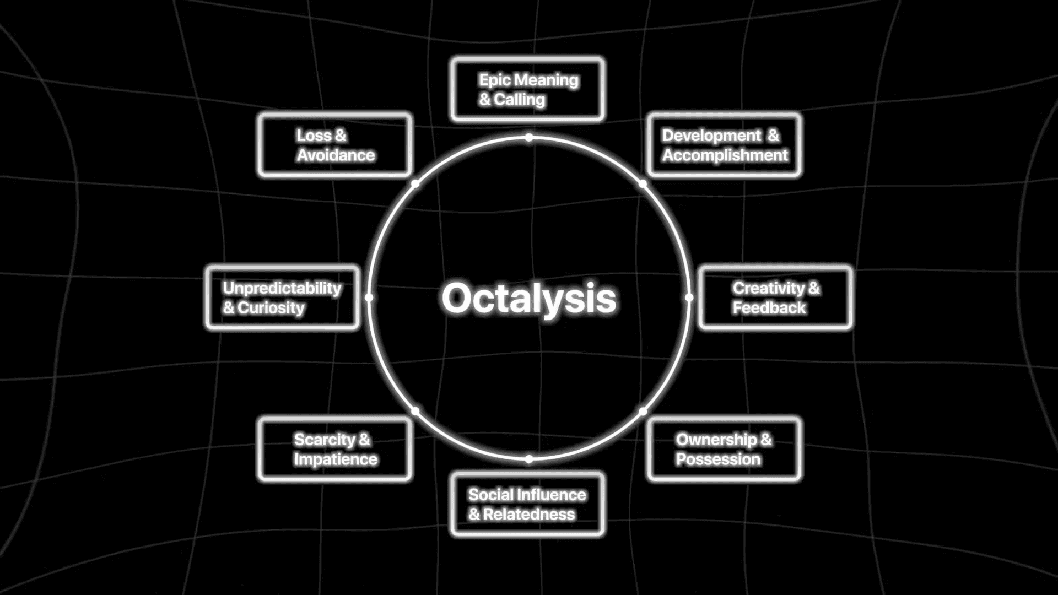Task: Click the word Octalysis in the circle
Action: point(528,298)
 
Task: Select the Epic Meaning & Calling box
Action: point(527,89)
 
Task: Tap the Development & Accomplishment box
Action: point(724,145)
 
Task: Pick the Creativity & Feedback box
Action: point(775,297)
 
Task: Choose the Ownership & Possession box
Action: point(724,449)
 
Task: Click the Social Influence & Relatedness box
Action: point(527,504)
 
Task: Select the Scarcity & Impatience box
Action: point(334,449)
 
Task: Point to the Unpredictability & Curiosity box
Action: point(282,297)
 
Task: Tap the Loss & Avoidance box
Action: point(334,145)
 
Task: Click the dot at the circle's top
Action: point(528,137)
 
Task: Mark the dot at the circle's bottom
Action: point(528,459)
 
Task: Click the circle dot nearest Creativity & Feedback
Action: point(689,297)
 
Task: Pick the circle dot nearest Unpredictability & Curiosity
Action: point(369,297)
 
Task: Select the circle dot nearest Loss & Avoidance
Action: point(415,184)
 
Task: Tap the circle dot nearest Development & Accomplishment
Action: point(643,184)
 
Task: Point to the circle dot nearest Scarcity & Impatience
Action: point(415,411)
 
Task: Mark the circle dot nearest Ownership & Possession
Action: point(643,411)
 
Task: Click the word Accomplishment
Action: point(725,155)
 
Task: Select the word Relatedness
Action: point(529,515)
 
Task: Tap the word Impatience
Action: point(336,459)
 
